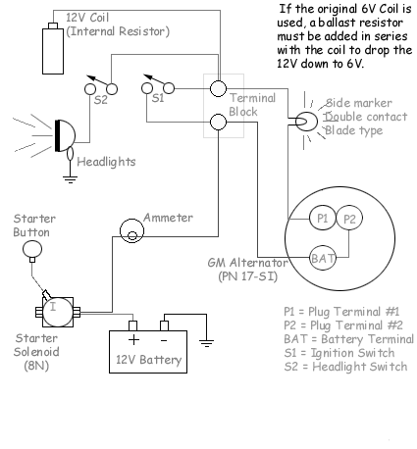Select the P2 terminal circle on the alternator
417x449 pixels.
click(351, 218)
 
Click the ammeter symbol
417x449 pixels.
click(130, 230)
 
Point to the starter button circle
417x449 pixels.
click(32, 251)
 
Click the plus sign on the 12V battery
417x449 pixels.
click(132, 339)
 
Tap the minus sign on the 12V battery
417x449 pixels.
click(164, 339)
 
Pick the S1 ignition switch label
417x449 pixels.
click(156, 97)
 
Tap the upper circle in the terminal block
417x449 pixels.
click(220, 89)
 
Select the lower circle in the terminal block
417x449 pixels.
click(220, 123)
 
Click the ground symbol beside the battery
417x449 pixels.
click(206, 342)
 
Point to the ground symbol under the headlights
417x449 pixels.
click(69, 177)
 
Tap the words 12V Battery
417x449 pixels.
click(148, 360)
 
